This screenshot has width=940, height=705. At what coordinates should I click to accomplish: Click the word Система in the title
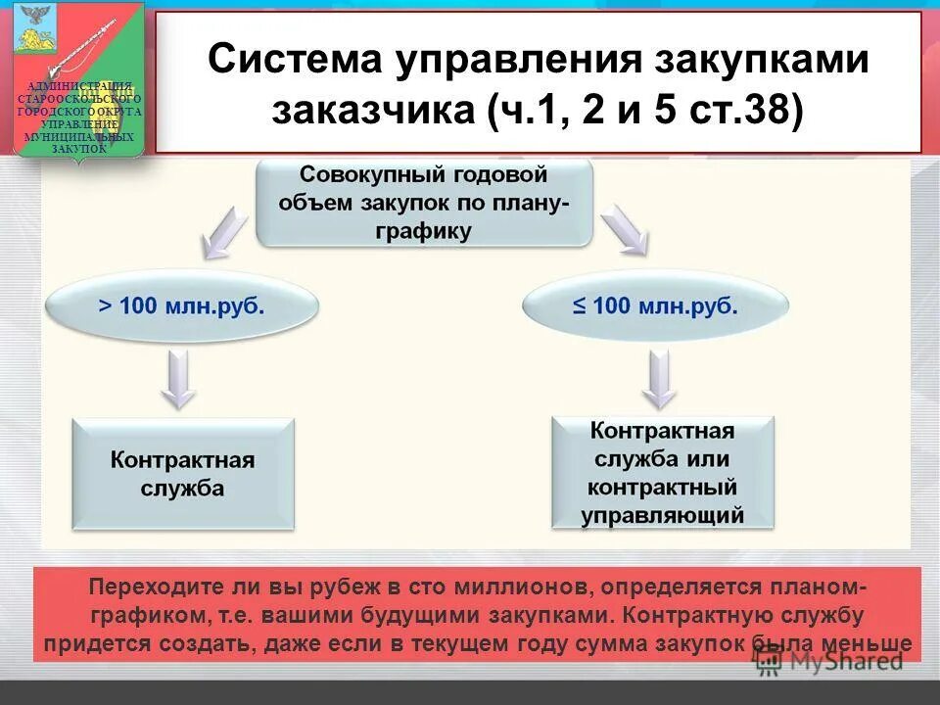pyautogui.click(x=294, y=60)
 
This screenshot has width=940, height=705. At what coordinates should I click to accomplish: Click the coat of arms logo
pyautogui.click(x=79, y=78)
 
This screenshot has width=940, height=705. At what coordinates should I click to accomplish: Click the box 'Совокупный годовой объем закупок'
pyautogui.click(x=424, y=203)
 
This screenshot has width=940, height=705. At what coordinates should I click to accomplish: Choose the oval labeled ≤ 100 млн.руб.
pyautogui.click(x=655, y=305)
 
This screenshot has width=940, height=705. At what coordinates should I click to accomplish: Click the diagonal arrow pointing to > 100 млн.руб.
pyautogui.click(x=223, y=232)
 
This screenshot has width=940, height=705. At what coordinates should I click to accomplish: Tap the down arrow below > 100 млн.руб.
pyautogui.click(x=178, y=379)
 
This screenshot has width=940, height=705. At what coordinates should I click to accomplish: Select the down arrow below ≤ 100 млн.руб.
pyautogui.click(x=660, y=379)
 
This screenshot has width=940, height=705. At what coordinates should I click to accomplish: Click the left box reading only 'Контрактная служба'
pyautogui.click(x=183, y=474)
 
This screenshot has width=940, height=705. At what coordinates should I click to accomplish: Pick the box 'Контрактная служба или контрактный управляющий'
pyautogui.click(x=663, y=473)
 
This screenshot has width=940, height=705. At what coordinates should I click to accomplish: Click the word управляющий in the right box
pyautogui.click(x=663, y=515)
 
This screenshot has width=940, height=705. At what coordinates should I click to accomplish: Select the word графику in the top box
pyautogui.click(x=424, y=232)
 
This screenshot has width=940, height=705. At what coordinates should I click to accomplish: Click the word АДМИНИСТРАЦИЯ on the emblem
pyautogui.click(x=79, y=89)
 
